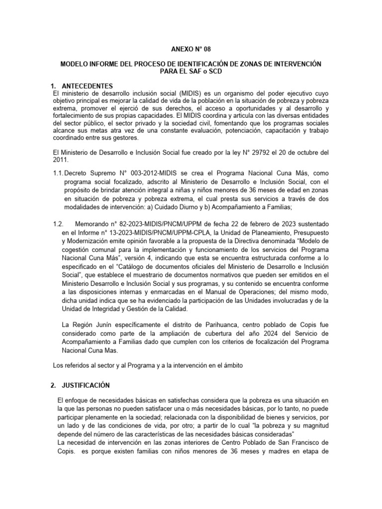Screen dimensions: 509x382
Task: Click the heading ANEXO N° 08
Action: click(191, 49)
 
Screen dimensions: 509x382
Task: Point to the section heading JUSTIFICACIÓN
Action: click(88, 385)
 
